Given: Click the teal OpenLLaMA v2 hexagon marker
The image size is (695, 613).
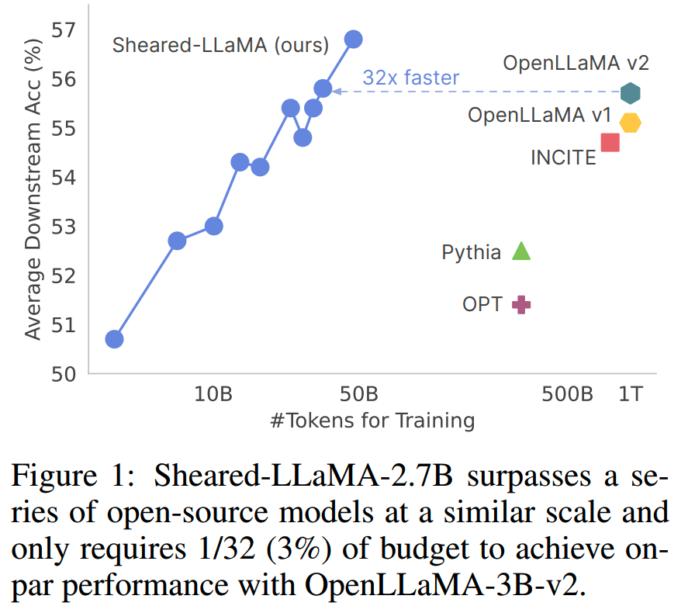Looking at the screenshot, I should [630, 93].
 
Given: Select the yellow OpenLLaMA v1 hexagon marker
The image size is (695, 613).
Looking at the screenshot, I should [630, 123].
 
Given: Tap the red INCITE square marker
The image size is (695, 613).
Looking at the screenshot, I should [610, 142].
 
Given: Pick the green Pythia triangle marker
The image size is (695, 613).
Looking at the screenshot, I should [521, 251].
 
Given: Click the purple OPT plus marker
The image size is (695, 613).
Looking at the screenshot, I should [521, 304].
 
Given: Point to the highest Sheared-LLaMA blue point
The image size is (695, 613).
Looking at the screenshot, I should [354, 40].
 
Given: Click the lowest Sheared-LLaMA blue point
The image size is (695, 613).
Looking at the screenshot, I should [114, 339].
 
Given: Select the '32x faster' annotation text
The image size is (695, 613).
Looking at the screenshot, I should [411, 78].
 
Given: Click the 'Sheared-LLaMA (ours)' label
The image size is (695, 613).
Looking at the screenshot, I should [221, 45].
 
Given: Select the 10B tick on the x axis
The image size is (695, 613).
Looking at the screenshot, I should [213, 393].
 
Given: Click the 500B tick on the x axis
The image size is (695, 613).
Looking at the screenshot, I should [568, 393].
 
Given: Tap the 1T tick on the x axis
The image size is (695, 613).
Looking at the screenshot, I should [630, 393].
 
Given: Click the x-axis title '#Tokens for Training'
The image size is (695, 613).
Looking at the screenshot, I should [372, 421].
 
